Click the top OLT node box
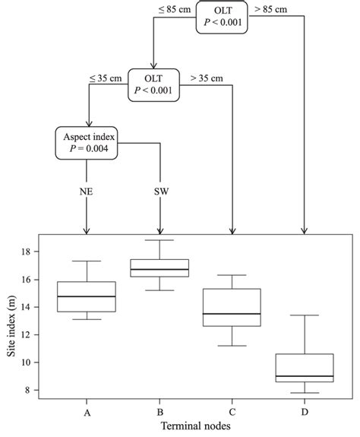[221, 16]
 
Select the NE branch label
[87, 192]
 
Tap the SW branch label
[160, 192]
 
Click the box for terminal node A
[87, 296]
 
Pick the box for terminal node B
[160, 268]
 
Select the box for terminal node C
[232, 307]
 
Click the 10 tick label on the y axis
[30, 363]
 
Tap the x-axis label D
[305, 411]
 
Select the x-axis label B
[160, 411]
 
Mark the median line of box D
[305, 376]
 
